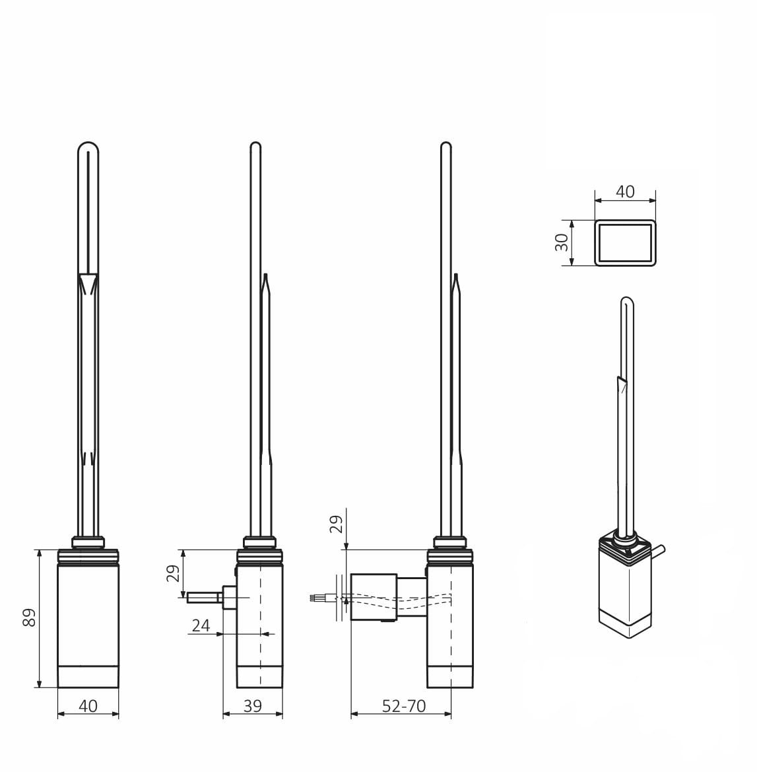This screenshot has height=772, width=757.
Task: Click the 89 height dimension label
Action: coord(29,617)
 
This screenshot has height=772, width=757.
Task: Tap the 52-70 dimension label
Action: coord(404,707)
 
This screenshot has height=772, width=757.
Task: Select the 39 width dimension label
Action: coord(253,707)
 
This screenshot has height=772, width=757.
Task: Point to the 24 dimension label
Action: coord(201,626)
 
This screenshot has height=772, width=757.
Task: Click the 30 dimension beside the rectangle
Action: coord(562,242)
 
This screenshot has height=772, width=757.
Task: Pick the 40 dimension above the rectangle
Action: coord(625,192)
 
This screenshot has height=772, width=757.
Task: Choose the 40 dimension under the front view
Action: coord(88,707)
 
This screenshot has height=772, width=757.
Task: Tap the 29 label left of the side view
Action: coord(174,574)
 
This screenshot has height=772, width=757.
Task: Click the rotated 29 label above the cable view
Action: coord(336,524)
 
